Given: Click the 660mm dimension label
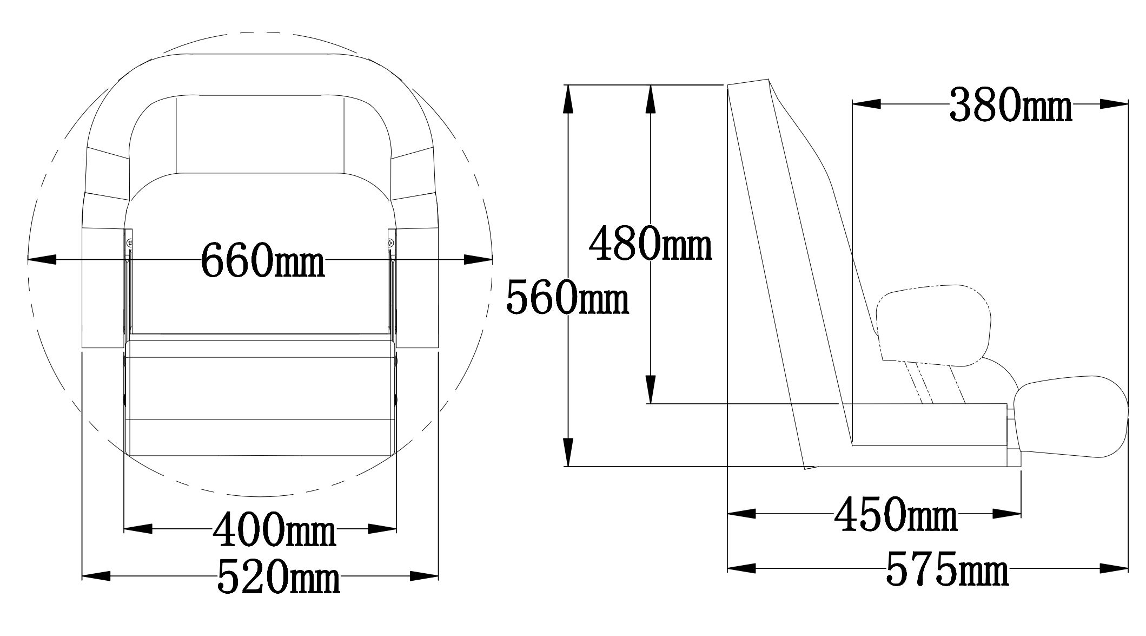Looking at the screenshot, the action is (263, 259).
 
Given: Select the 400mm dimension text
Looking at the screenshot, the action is (275, 528).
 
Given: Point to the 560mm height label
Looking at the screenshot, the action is (567, 297).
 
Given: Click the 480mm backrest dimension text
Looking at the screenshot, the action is (650, 243).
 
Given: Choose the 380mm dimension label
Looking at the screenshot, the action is (1011, 104).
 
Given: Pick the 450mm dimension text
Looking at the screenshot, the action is (896, 514).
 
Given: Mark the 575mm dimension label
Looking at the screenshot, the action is (947, 569).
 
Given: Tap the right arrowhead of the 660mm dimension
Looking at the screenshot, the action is (478, 260).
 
